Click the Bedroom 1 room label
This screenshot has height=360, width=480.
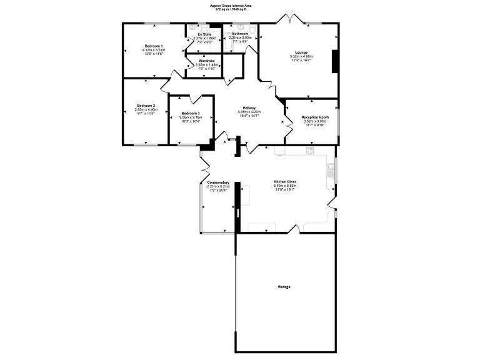tap(154, 46)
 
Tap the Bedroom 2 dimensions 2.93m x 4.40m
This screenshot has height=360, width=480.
tap(146, 110)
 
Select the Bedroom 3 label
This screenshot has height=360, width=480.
tap(191, 112)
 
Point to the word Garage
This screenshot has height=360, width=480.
tap(284, 287)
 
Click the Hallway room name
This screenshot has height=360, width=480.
tap(251, 107)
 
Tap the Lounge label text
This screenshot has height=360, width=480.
tap(301, 52)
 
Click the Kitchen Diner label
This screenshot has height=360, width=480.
tap(284, 182)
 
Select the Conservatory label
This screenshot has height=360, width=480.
tap(218, 182)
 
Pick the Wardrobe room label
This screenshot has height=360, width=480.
tap(207, 60)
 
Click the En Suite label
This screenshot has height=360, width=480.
tap(205, 34)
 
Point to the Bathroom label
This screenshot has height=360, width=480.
tap(240, 33)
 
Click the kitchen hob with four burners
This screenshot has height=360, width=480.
tap(309, 151)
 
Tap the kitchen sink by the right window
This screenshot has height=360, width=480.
tap(331, 168)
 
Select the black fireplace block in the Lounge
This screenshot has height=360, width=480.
tap(335, 61)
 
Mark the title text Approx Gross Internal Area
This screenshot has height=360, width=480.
tap(240, 5)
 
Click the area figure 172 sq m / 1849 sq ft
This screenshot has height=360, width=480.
tap(240, 9)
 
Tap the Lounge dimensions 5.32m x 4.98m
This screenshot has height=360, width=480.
tap(301, 56)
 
